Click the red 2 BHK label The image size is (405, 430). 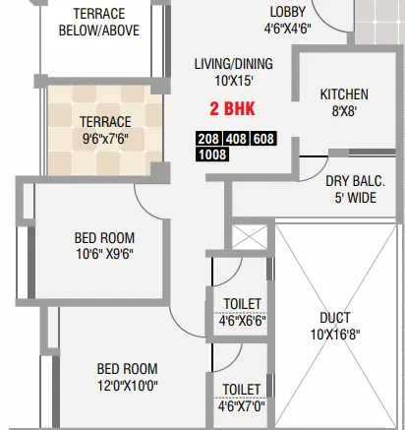click(x=232, y=110)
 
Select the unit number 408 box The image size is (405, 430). click(x=237, y=140)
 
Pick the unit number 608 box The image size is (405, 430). click(x=263, y=140)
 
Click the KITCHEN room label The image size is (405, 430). click(x=344, y=94)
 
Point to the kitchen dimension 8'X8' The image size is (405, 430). click(x=344, y=111)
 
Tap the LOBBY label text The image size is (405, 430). click(x=287, y=12)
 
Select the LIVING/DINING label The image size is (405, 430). click(x=233, y=64)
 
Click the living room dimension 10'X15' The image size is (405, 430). click(x=233, y=80)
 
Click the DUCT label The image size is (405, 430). click(x=335, y=318)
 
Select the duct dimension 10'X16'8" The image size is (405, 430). click(x=335, y=335)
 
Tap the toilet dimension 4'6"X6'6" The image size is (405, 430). click(x=241, y=321)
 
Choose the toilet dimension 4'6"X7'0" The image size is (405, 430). click(x=241, y=403)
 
